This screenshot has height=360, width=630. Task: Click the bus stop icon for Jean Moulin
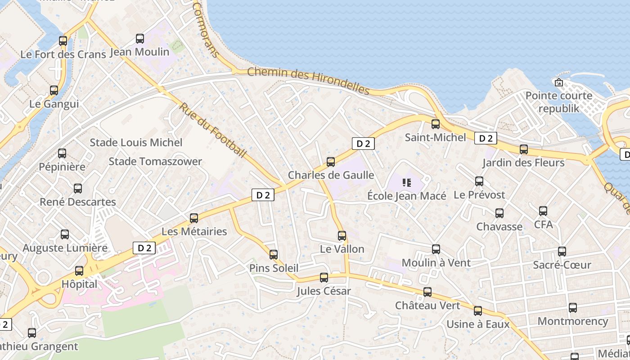point(140,39)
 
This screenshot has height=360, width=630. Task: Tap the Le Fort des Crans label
point(63,54)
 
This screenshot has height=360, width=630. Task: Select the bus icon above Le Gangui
point(54,90)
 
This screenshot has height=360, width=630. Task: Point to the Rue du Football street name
point(213,130)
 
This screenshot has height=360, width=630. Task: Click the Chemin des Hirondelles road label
point(308,81)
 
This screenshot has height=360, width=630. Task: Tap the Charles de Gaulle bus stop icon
point(331,162)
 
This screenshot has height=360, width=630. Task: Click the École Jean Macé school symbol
point(407,183)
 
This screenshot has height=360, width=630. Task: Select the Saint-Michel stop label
point(435,137)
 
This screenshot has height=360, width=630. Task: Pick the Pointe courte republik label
point(559,102)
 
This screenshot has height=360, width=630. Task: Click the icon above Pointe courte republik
point(559,82)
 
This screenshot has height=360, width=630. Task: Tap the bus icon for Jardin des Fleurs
point(524,149)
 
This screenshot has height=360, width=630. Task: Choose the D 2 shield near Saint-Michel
point(486,139)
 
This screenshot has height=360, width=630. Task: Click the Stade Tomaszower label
point(155,162)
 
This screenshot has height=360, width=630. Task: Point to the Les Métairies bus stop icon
point(194,218)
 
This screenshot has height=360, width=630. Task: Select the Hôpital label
point(79,284)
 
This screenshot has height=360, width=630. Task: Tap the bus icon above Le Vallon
point(342,236)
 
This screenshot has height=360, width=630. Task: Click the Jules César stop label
point(324,291)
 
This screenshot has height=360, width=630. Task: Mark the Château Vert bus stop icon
point(427,292)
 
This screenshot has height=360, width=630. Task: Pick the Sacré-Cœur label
point(562,265)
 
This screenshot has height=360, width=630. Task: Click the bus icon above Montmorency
point(572,308)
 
